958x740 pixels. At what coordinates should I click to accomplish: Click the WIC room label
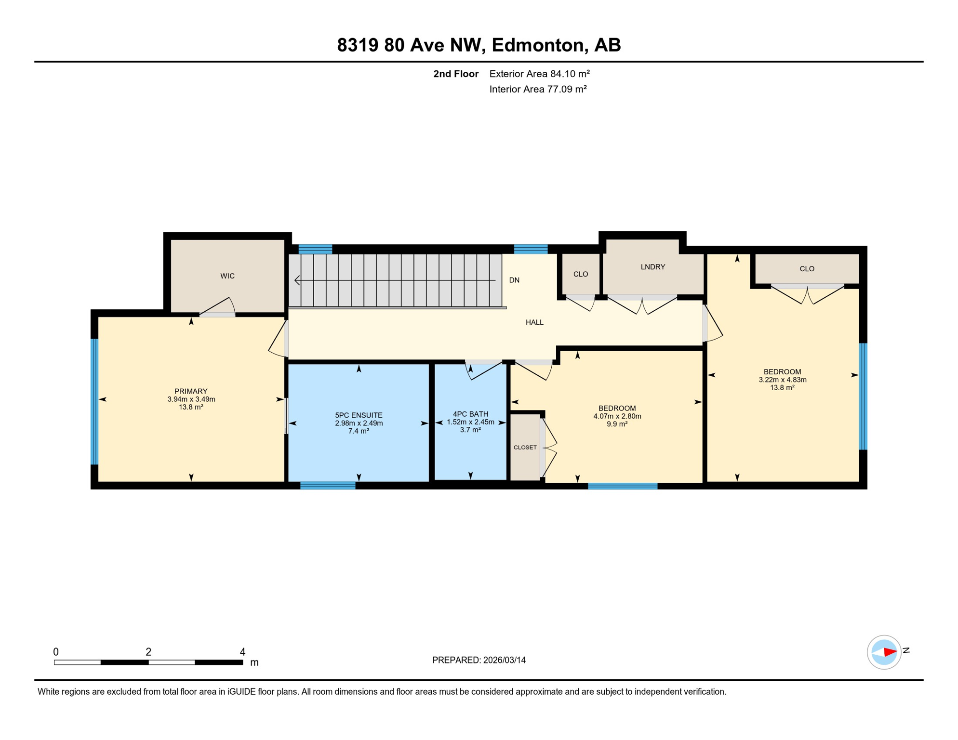coord(227,276)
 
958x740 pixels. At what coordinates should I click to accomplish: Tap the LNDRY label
coord(653,267)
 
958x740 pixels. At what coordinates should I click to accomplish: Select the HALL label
coord(534,322)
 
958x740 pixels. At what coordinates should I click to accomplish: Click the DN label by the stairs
coord(514,280)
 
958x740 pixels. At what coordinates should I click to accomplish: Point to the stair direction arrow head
coord(297,280)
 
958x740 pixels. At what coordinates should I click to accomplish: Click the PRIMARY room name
coord(191,391)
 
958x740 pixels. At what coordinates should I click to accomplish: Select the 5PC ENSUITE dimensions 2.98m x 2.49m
coord(359,423)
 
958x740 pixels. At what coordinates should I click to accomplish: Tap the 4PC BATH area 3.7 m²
coord(470,430)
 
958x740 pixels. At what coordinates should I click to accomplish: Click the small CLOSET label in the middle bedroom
coord(525,448)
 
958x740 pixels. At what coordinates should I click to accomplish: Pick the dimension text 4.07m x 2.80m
coord(617,416)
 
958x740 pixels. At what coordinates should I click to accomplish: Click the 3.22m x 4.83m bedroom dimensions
coord(783,380)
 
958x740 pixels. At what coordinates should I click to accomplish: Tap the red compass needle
coord(890,652)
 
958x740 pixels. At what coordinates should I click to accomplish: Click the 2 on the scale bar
coord(148,652)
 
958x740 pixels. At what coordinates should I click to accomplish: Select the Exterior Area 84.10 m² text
coord(539,74)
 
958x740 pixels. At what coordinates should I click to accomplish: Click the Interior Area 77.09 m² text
coord(538,89)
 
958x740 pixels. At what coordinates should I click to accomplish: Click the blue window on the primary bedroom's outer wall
coord(95,401)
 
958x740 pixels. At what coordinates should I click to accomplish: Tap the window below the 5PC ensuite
coord(328,486)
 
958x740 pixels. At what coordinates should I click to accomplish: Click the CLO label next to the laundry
coord(581,274)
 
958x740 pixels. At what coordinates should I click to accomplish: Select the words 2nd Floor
coord(455,74)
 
